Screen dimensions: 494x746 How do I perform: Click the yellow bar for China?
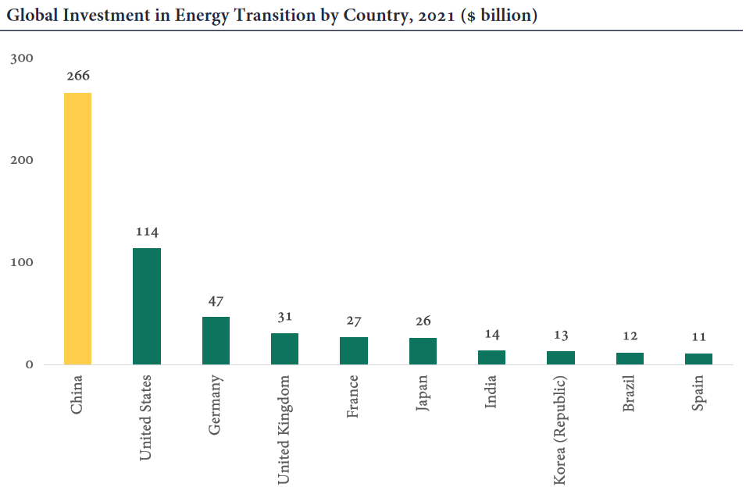(x=78, y=229)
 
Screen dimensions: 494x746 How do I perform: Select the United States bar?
(x=147, y=306)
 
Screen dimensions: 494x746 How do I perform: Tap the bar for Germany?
(x=216, y=340)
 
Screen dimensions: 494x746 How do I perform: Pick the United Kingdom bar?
(x=284, y=349)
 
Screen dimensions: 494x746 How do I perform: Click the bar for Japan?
(x=423, y=351)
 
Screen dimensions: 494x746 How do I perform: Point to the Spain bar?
(x=698, y=359)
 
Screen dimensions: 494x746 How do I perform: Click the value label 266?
(x=78, y=76)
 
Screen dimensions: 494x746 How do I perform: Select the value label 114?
(x=147, y=232)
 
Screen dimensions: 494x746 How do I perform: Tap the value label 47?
(x=216, y=300)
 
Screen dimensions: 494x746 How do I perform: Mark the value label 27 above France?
(x=354, y=321)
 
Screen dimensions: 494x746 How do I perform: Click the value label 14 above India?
(x=491, y=334)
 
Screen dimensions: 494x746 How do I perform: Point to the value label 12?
(x=630, y=336)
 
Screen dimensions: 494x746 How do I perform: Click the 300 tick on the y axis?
(x=23, y=59)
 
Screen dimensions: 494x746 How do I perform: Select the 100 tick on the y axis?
(x=23, y=262)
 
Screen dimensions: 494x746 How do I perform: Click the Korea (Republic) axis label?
(x=560, y=430)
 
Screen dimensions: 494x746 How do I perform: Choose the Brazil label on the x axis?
(x=630, y=395)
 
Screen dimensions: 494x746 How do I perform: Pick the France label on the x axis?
(x=354, y=396)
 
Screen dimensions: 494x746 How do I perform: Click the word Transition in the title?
(x=231, y=16)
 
